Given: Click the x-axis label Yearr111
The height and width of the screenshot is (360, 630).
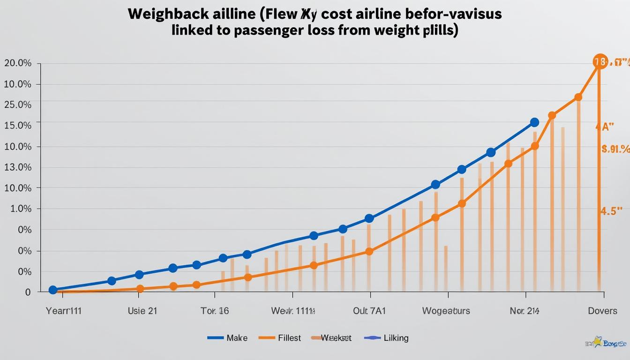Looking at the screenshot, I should click(64, 310).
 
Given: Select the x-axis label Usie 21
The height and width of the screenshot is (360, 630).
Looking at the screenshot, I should click(142, 310).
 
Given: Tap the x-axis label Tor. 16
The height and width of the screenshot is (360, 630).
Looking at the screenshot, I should click(215, 310).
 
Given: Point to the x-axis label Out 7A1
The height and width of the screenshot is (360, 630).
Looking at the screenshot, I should click(369, 310).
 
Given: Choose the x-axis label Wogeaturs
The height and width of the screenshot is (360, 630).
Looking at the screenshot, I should click(446, 310).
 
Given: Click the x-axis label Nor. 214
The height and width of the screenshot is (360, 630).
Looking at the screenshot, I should click(525, 310).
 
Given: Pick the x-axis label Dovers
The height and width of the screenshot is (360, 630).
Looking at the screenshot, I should click(602, 310).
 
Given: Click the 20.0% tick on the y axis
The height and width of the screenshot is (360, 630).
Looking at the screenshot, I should click(18, 63).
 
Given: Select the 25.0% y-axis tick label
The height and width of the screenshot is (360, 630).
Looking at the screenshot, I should click(18, 105).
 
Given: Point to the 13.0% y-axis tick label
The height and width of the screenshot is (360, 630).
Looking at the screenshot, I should click(18, 167).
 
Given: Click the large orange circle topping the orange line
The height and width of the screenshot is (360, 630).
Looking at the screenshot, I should click(600, 61).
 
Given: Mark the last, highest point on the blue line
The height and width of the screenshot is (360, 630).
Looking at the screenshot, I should click(534, 122).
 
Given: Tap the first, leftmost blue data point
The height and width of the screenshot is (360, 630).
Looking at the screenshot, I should click(53, 290).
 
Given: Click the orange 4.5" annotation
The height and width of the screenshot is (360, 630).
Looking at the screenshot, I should click(611, 211).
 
